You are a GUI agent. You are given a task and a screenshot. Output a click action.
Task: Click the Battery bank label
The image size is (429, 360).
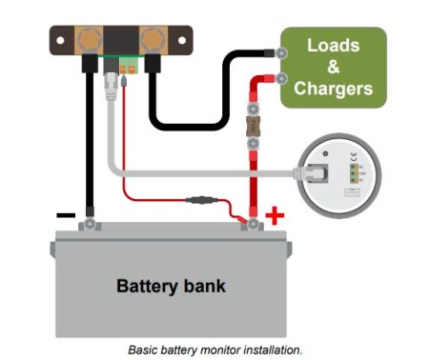tap(171, 286)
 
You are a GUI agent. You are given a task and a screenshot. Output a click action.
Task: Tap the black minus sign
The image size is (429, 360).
tap(65, 216)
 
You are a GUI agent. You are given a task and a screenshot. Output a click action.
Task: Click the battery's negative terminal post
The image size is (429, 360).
tap(89, 224)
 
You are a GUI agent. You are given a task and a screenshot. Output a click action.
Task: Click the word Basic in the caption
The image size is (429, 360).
tap(143, 350)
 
